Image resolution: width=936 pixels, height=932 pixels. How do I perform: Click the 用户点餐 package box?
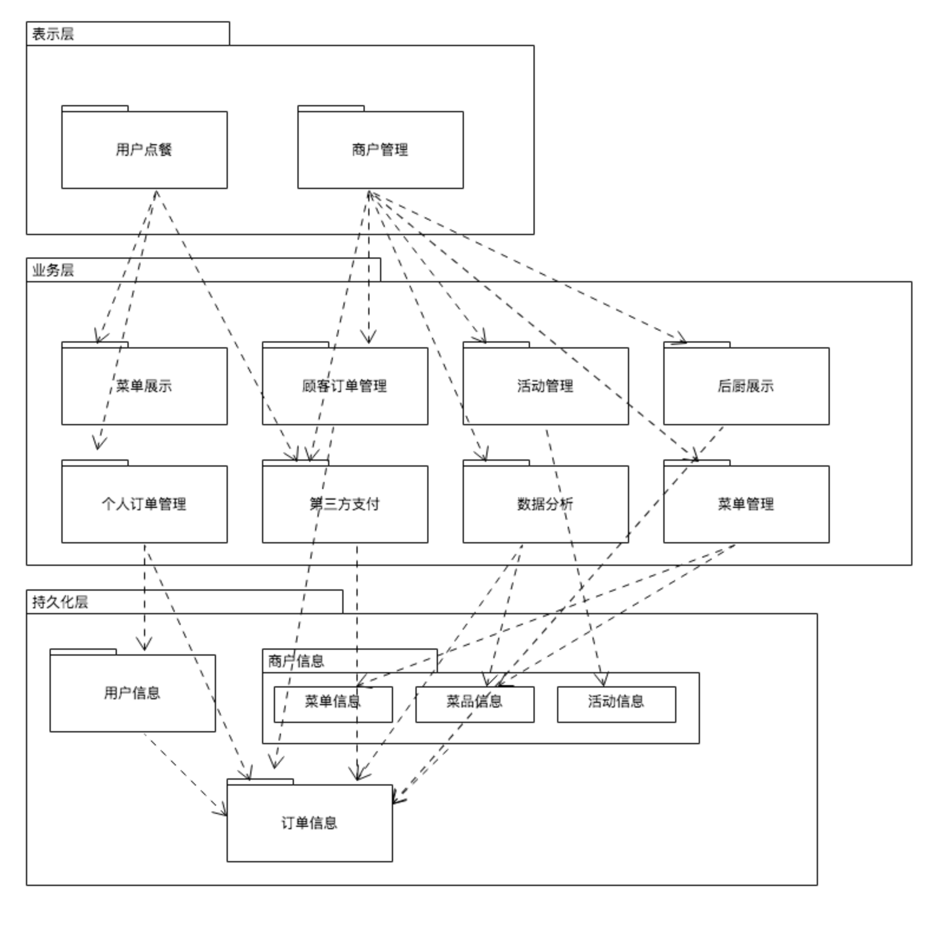[144, 149]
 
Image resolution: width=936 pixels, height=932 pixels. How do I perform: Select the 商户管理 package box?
[380, 149]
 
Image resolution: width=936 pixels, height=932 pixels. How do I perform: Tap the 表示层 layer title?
[53, 34]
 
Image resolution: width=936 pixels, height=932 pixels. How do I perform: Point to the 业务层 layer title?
[53, 270]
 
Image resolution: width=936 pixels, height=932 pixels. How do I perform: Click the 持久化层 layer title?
[60, 602]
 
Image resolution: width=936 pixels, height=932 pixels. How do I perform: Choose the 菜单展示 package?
[144, 386]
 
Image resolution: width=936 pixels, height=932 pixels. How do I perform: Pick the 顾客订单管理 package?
[345, 386]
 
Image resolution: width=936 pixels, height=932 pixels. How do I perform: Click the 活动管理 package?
[545, 386]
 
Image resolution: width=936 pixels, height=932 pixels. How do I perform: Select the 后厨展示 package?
[746, 386]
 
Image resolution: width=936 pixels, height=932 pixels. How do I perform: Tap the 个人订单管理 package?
[144, 504]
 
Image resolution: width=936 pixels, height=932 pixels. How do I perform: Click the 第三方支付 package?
[345, 504]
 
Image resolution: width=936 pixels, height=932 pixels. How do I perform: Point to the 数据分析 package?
[545, 504]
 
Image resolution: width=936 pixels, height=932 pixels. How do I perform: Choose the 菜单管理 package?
[746, 504]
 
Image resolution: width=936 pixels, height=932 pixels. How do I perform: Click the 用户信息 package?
[132, 693]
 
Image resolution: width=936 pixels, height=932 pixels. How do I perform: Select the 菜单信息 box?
[333, 703]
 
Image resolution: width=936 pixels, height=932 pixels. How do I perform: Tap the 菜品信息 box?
[474, 703]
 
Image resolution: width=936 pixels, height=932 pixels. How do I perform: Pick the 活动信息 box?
[616, 703]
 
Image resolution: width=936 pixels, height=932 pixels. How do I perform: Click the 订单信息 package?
[309, 823]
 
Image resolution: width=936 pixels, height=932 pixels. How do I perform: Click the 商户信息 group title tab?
[296, 661]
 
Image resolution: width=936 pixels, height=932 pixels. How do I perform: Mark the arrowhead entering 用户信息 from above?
[144, 646]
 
